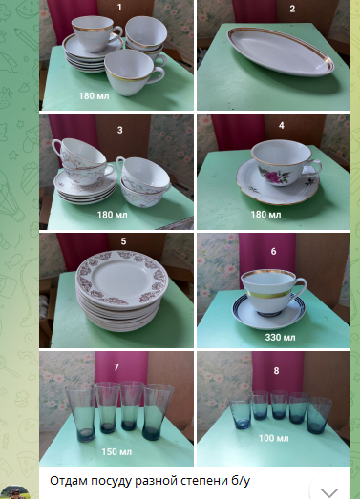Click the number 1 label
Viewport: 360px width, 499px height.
point(119,7)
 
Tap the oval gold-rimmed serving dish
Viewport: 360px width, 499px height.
point(281,52)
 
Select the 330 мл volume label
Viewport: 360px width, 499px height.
point(280,337)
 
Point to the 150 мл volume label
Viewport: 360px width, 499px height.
point(116,452)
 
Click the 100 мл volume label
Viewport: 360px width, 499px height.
point(274,438)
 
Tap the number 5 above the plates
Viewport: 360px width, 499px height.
point(123,241)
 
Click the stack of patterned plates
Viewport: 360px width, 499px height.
point(122,290)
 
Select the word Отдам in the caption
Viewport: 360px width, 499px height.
point(69,481)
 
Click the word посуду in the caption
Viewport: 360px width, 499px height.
point(111,481)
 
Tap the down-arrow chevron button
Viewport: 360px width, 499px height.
point(328,492)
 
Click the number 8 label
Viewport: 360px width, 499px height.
point(276,371)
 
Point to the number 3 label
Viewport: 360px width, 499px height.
point(119,130)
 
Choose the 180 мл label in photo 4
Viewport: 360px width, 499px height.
point(265,214)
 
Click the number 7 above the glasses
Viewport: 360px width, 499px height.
point(116,367)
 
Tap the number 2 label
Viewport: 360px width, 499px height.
point(292,9)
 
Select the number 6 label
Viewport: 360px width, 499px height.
point(273,252)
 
